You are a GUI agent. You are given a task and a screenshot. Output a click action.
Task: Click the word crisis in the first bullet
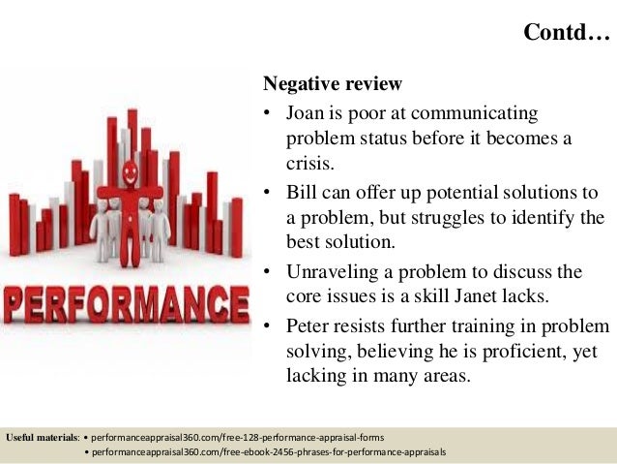coord(313,164)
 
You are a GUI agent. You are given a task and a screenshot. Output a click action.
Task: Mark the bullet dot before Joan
coord(268,114)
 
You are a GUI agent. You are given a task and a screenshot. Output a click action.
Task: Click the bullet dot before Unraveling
coord(268,271)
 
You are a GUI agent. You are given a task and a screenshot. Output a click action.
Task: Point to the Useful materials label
coord(44,438)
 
